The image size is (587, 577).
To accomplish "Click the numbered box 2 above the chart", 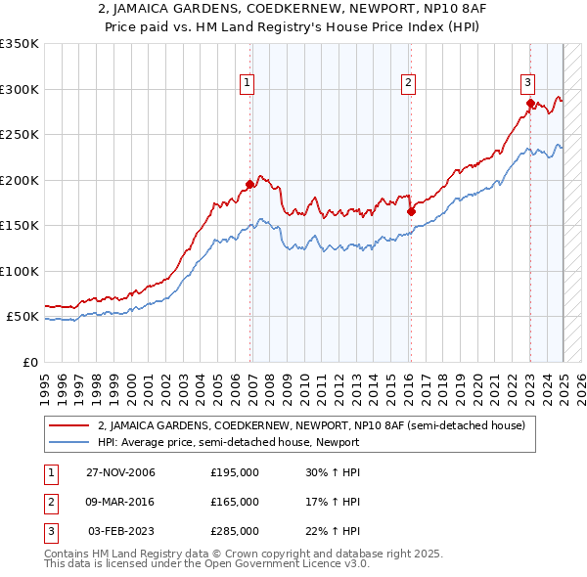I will [407, 84].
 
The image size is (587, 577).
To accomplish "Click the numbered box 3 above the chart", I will [527, 83].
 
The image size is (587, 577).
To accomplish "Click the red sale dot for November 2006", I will [250, 184].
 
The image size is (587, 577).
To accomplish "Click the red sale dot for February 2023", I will [530, 103].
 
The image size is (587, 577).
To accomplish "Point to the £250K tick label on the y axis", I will [19, 135].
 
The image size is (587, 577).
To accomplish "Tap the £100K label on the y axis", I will [19, 271].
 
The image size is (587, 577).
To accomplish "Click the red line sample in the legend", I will [69, 425].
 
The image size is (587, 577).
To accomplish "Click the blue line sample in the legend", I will [69, 442].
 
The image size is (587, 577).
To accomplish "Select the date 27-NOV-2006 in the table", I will [120, 473].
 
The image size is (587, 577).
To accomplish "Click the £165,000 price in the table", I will [235, 502].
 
